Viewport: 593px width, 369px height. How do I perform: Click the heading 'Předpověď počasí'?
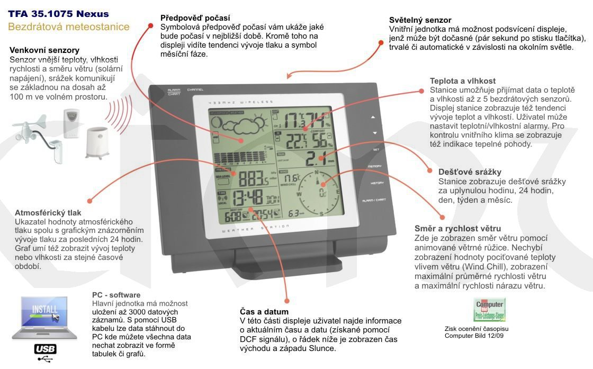point(195,18)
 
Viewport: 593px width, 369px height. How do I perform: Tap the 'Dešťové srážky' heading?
point(470,172)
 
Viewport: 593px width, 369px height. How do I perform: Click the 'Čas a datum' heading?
point(264,312)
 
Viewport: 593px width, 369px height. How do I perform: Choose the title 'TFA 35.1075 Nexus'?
point(59,14)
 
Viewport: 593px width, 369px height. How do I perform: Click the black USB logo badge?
point(45,349)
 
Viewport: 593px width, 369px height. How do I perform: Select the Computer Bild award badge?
point(489,310)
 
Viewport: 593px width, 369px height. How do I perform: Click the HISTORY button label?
point(377,183)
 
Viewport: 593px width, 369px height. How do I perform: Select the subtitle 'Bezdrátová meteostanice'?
point(69,26)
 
